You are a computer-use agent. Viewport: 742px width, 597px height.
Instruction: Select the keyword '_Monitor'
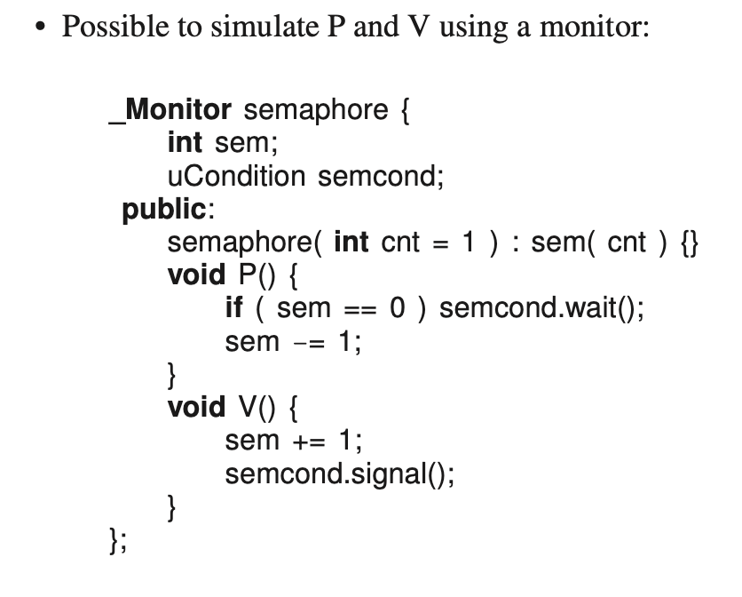(170, 110)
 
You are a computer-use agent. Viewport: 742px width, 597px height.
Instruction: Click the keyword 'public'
(163, 210)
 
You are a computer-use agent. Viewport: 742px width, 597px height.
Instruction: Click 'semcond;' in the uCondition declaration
(380, 176)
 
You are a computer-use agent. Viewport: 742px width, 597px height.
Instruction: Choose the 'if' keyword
(234, 308)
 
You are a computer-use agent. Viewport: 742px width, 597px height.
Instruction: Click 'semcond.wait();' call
(541, 308)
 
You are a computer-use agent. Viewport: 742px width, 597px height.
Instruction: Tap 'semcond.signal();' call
(340, 473)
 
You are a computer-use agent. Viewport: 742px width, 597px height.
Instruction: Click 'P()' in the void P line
(256, 275)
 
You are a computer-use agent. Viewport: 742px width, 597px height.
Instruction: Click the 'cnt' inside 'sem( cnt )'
(627, 243)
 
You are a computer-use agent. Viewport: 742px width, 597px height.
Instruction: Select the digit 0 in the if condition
(397, 308)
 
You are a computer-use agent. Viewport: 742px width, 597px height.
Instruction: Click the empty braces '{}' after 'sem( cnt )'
(689, 243)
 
